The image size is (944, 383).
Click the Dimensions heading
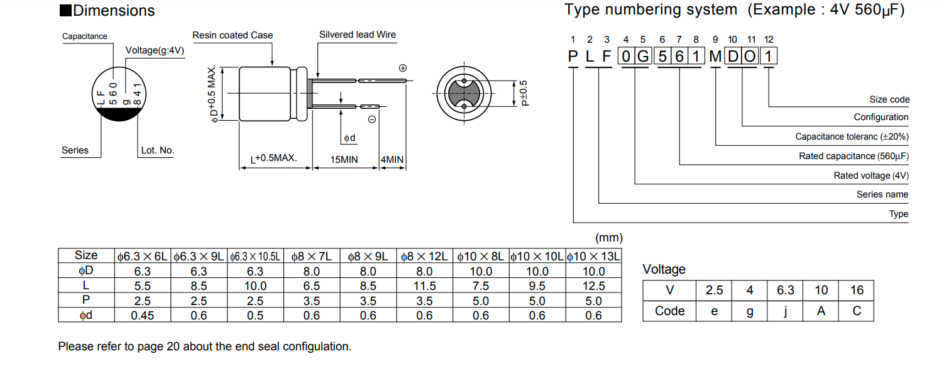(x=113, y=11)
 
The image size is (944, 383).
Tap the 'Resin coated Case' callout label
(x=233, y=35)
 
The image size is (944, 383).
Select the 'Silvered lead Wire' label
(x=358, y=35)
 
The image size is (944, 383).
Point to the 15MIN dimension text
(x=344, y=160)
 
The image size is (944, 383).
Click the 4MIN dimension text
(x=392, y=160)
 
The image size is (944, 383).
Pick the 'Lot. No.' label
(x=158, y=150)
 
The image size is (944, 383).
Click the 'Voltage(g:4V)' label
(x=155, y=50)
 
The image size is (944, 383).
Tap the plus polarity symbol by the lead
(x=403, y=68)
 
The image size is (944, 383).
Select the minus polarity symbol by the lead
(x=371, y=119)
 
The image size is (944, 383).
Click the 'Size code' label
(x=889, y=99)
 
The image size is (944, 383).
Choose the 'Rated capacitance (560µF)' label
(x=853, y=156)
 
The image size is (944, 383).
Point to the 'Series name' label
(x=882, y=194)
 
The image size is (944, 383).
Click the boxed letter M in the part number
(x=715, y=57)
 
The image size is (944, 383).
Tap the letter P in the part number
(x=573, y=57)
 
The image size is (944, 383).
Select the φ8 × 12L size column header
(x=424, y=256)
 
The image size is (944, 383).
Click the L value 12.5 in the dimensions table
(x=593, y=286)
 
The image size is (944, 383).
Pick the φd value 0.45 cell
(x=143, y=316)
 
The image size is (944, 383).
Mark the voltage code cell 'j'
(x=785, y=311)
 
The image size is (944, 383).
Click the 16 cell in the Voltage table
(x=857, y=291)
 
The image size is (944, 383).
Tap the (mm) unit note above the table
(x=608, y=238)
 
